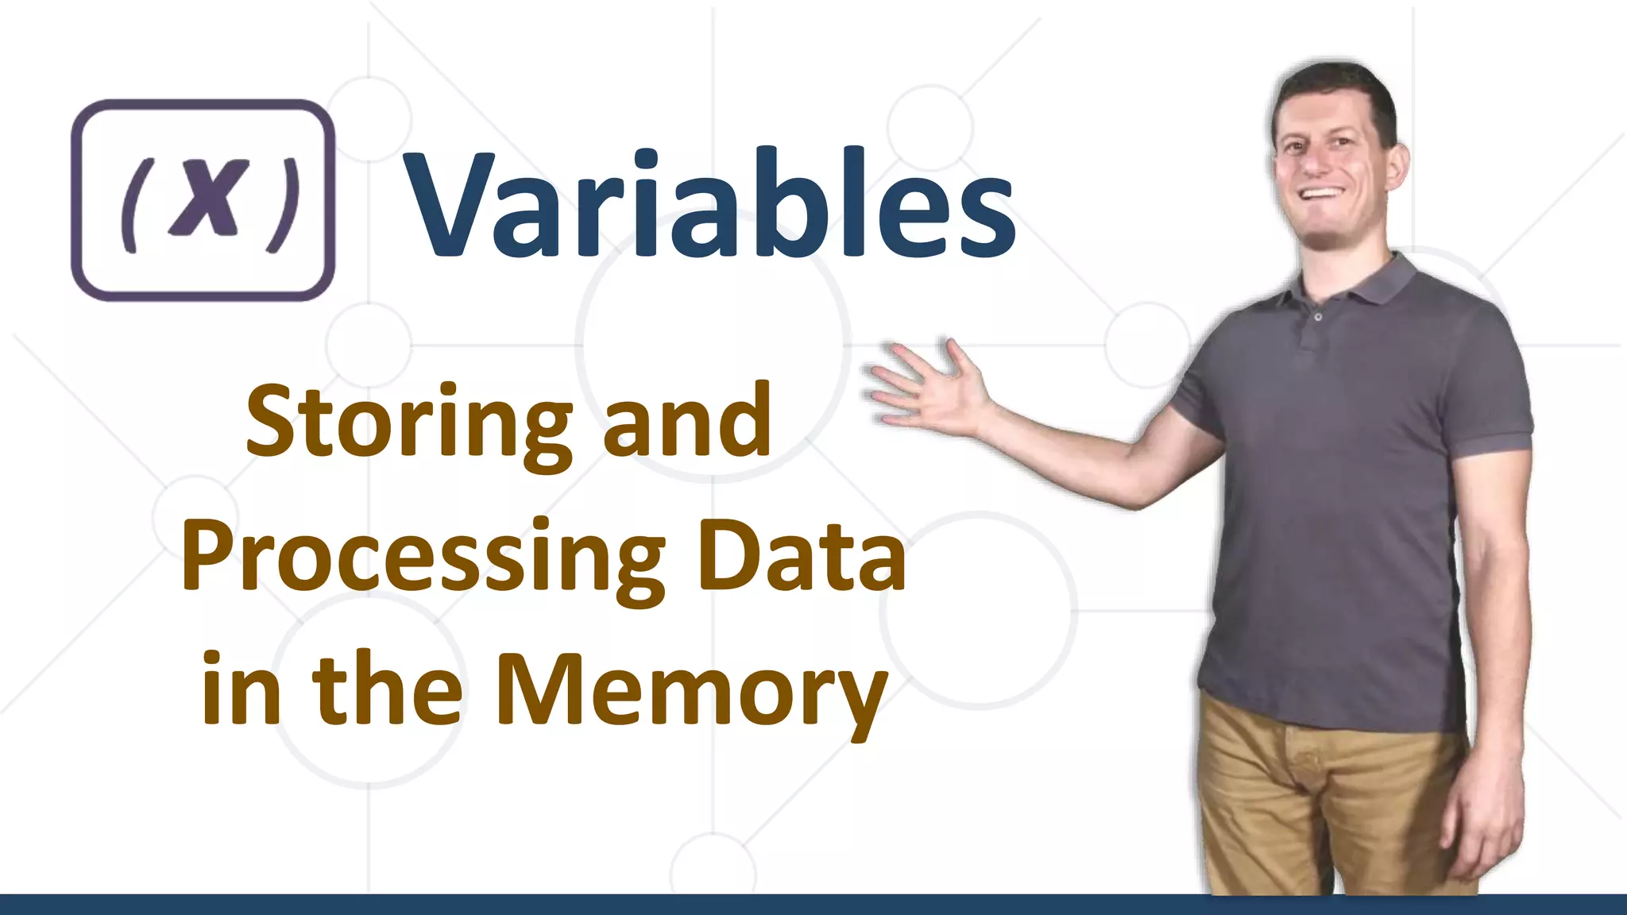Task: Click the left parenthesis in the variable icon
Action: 130,205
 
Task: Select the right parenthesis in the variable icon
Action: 284,205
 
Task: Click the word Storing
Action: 409,423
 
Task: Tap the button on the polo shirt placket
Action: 1318,316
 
